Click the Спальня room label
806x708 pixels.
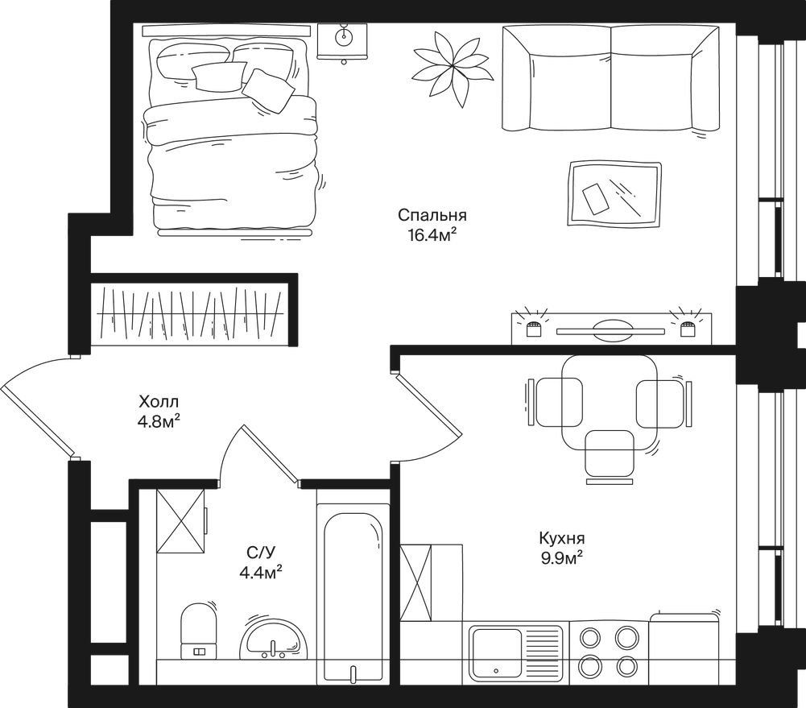[432, 215]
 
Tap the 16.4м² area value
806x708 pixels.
[432, 235]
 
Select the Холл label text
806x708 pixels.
[159, 400]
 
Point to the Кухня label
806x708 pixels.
[562, 538]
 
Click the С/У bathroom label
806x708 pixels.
[261, 553]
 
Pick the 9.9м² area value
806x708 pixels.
[562, 559]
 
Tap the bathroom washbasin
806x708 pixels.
[274, 640]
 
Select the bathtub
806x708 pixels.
[353, 595]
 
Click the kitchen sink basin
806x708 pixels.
[497, 652]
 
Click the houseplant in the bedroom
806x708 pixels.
[452, 67]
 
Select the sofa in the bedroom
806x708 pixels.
[610, 77]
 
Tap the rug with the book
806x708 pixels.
[614, 194]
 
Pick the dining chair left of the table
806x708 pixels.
[555, 402]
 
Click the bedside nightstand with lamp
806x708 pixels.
[343, 40]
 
